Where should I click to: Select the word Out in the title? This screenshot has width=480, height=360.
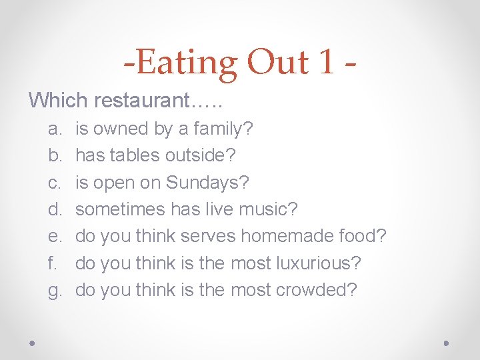[277, 63]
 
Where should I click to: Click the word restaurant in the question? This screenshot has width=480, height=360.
[158, 101]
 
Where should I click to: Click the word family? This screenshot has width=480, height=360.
[221, 129]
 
